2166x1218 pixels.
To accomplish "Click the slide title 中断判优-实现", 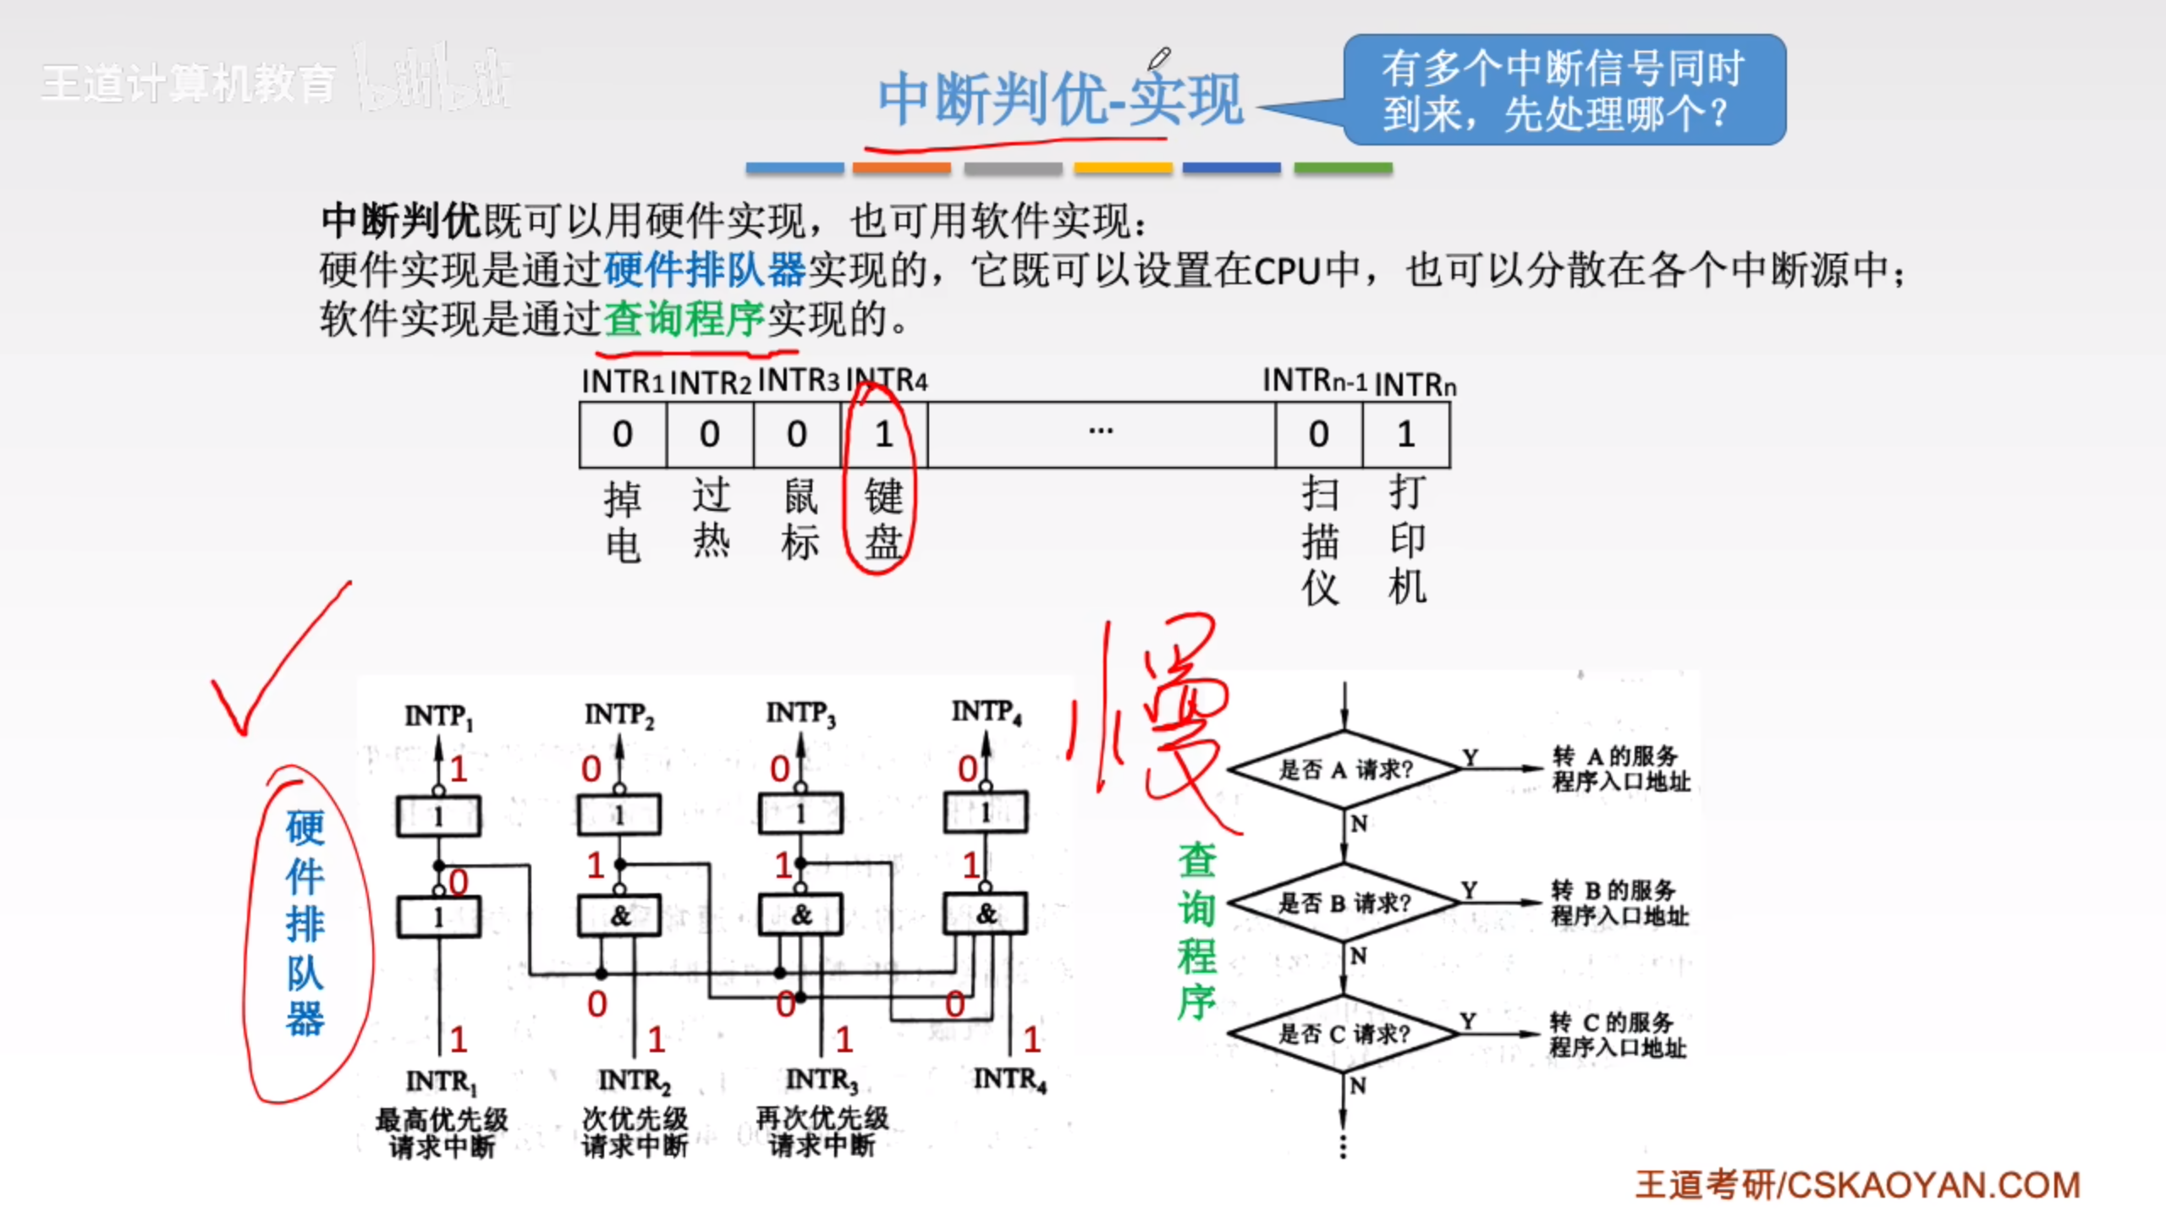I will click(1060, 100).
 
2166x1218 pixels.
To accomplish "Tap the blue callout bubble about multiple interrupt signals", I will click(1564, 90).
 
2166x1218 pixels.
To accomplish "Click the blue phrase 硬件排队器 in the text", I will click(704, 271).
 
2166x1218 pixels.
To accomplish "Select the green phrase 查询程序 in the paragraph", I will click(684, 320).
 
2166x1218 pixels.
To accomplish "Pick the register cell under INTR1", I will click(623, 435).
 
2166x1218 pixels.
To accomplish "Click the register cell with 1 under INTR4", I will click(884, 435).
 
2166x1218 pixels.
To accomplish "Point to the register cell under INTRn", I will click(1405, 435).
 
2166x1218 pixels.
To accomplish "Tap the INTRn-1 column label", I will click(1314, 381).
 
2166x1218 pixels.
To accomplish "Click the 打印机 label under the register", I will click(1407, 539).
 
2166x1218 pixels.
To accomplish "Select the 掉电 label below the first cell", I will click(623, 523).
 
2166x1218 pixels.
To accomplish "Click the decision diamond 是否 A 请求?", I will click(1344, 770).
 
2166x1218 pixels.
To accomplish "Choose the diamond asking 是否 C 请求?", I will click(1344, 1034).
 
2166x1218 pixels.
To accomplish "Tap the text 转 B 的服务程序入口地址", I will click(1619, 903).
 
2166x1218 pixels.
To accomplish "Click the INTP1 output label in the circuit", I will click(438, 717).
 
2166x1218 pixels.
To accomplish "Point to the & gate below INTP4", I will click(986, 914).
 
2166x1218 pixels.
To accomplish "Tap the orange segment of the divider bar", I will click(901, 168).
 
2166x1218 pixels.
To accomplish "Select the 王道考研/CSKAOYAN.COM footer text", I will click(1857, 1185).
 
